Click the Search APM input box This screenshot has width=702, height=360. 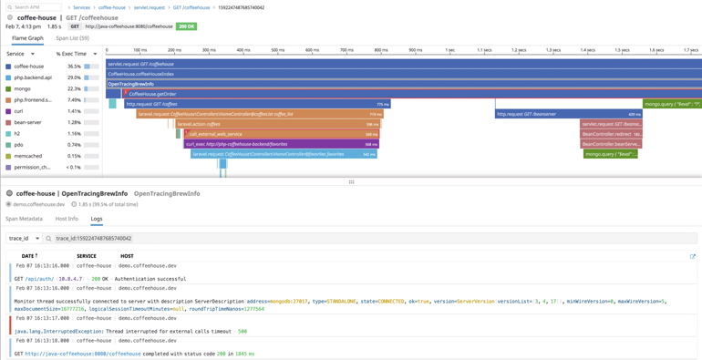tap(35, 7)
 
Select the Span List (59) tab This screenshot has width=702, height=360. tap(72, 38)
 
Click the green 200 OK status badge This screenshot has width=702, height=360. tap(186, 26)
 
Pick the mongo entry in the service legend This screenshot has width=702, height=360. tap(23, 88)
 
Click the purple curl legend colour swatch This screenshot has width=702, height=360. tap(9, 111)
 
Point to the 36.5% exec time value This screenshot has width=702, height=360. tap(74, 67)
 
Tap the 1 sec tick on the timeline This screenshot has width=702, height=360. tap(449, 50)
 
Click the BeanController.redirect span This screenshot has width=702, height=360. tap(611, 134)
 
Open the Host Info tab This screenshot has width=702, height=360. tap(67, 219)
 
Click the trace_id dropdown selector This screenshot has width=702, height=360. tap(25, 239)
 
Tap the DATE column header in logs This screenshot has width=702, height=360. tap(29, 256)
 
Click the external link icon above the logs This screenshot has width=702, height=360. tap(693, 256)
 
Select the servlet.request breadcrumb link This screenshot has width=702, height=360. tap(149, 7)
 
